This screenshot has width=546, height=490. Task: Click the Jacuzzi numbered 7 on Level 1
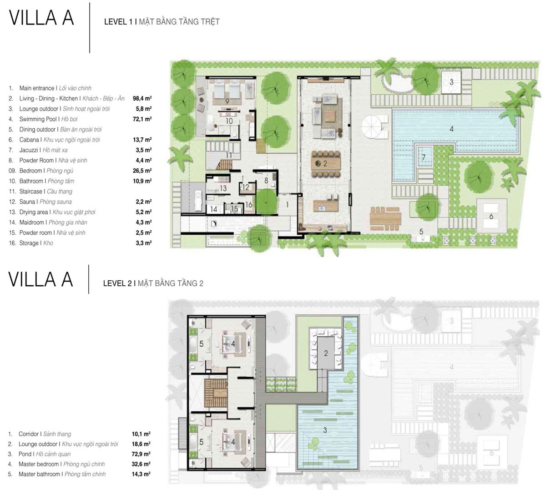tap(424, 157)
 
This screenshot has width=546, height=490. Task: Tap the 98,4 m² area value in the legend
tap(142, 98)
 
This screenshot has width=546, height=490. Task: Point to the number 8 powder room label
tap(266, 181)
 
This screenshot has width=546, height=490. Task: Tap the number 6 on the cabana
tap(491, 216)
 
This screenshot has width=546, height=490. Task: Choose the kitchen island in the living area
tap(325, 206)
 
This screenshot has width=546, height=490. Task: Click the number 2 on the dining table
tap(325, 163)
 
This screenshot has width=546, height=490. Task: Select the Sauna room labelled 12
tap(246, 187)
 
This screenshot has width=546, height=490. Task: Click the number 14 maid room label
tap(214, 209)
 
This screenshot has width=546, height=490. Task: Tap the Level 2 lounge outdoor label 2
tap(325, 353)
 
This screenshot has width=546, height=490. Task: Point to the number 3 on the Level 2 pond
tap(325, 430)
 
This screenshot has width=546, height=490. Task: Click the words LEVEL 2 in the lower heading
tap(117, 283)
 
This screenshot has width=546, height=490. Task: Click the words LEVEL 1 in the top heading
tap(118, 22)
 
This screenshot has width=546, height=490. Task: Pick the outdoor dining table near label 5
tap(385, 218)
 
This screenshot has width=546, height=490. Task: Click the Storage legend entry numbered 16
tap(31, 243)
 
